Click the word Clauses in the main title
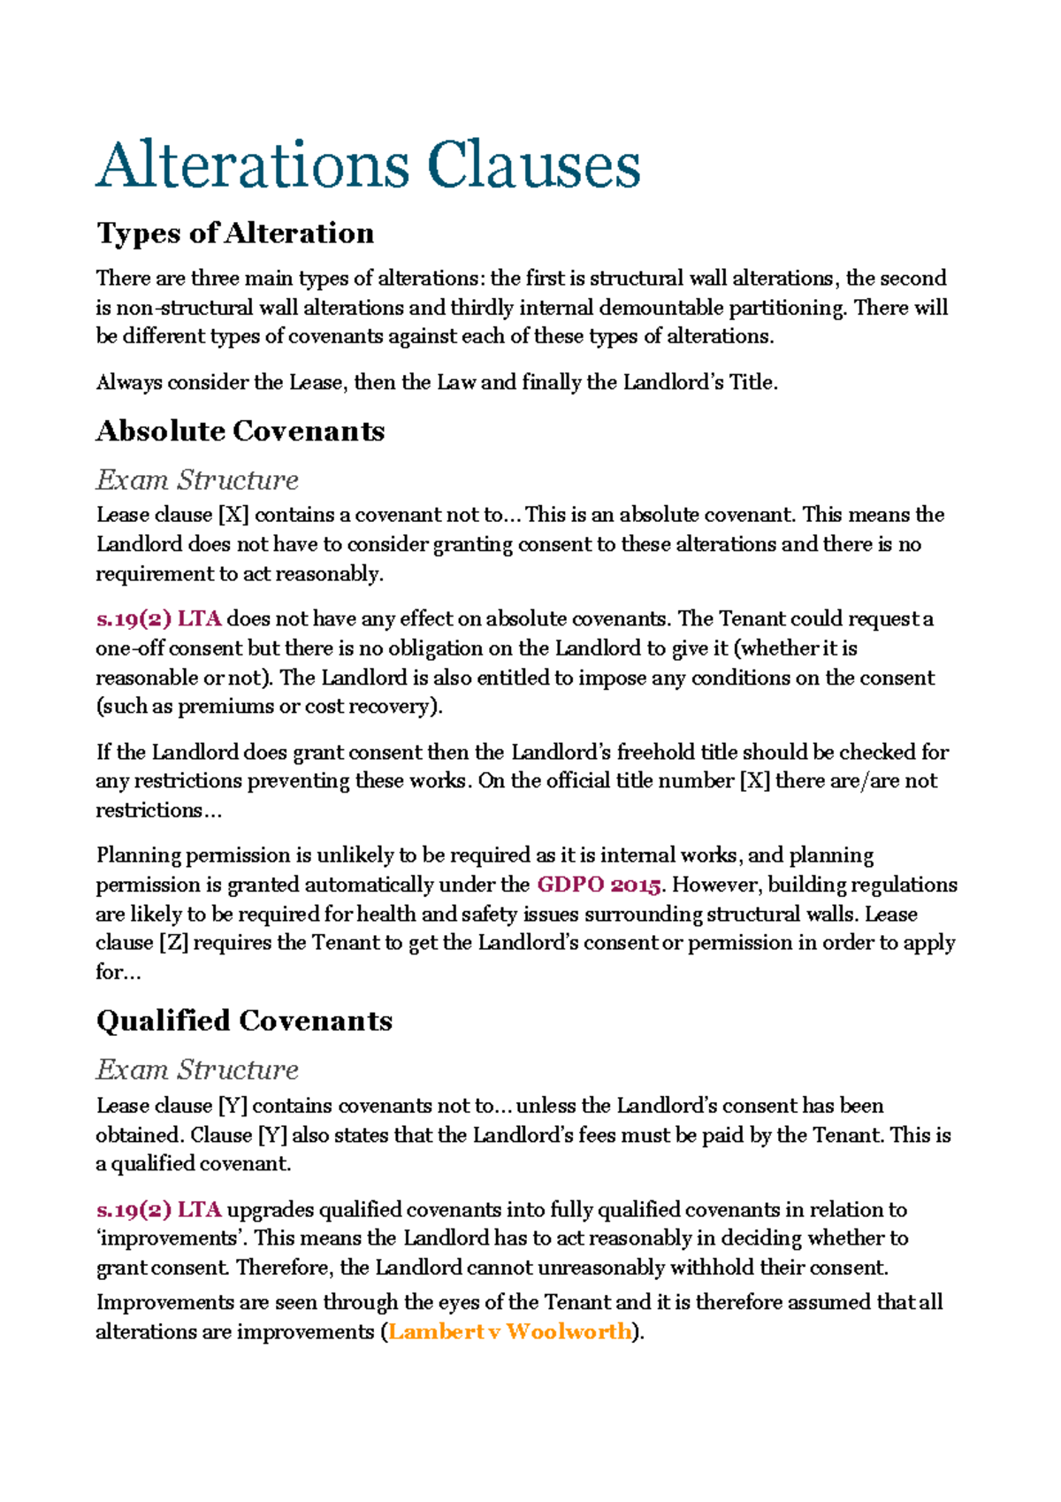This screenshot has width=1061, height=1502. [533, 165]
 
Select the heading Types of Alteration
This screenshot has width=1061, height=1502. [235, 234]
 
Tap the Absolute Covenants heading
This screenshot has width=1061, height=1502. [240, 431]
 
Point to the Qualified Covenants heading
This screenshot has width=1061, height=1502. [244, 1021]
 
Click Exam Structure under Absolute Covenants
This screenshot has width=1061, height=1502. [197, 479]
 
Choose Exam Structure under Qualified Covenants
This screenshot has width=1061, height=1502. [197, 1069]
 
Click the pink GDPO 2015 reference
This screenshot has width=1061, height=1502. [599, 885]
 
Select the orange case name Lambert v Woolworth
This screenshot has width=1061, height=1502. [510, 1331]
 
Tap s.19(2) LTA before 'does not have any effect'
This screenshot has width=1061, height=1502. [158, 618]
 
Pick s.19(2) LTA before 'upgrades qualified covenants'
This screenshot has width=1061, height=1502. [158, 1209]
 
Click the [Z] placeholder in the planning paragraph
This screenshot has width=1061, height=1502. [173, 943]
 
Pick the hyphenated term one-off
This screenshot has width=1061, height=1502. [126, 648]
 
